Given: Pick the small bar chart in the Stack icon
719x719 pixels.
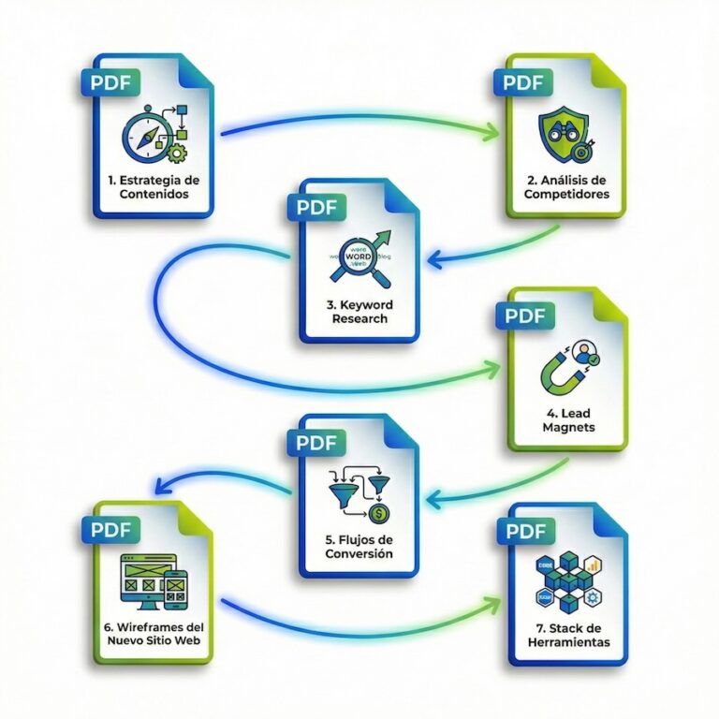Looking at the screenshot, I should [x=592, y=566].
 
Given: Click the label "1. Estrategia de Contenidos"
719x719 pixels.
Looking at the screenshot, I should [x=153, y=186].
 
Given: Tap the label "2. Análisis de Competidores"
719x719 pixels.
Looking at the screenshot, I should [x=567, y=186].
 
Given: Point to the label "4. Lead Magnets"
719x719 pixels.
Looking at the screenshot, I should [x=567, y=420].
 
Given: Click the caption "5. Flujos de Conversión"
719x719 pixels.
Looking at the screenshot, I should [x=358, y=547].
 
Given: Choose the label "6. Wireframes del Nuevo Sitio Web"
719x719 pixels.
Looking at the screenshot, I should [x=152, y=633].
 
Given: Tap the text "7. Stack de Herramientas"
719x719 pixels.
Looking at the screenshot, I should [x=567, y=635].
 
